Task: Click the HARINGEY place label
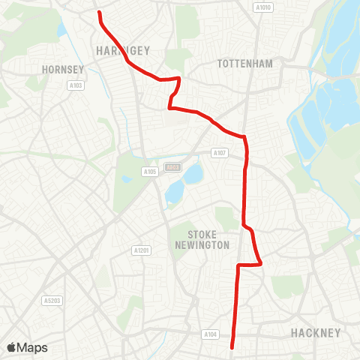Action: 124,50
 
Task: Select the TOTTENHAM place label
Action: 244,64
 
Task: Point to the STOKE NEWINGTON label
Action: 203,240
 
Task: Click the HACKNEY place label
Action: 316,332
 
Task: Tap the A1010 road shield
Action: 262,8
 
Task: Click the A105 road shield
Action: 149,172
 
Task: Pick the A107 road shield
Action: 219,153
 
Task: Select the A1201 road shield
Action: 140,250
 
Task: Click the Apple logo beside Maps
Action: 12,347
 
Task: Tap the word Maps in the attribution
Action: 33,347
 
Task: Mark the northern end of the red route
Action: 99,13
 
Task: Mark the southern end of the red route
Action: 232,347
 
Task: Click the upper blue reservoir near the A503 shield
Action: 193,175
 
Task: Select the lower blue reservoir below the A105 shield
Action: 175,193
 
